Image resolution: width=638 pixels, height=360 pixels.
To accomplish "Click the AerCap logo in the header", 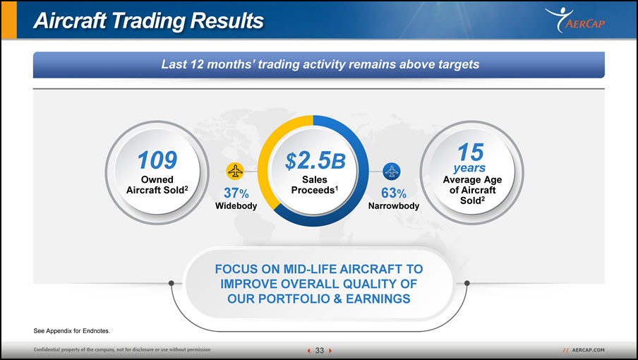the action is point(575,20).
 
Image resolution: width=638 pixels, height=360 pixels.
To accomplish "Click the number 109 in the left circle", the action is point(157,160).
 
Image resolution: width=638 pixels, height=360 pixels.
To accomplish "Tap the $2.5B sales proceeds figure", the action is point(315,161).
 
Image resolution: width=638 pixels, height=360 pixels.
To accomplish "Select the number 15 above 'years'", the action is point(470,152).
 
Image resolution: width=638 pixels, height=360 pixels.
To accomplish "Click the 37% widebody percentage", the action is point(236,193).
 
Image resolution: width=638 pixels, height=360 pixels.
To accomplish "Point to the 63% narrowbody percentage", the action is point(394,193).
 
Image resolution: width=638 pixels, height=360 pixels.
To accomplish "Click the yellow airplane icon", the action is point(235,172).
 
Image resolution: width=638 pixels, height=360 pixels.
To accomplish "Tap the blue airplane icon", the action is point(392,172).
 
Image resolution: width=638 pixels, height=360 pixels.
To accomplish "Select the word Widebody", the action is point(236,206).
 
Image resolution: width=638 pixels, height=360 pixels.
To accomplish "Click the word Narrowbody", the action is point(394,206).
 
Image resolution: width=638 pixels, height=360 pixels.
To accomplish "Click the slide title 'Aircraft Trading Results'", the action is point(148,20).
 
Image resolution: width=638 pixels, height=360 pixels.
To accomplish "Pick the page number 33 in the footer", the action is point(320,350).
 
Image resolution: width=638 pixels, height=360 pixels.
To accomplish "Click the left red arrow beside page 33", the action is point(308,350).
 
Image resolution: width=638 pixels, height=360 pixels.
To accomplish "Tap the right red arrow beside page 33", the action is point(330,350).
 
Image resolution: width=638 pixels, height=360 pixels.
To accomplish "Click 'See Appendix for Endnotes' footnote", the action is point(71,331).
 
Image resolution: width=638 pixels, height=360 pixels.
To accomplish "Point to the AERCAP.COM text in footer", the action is point(589,350).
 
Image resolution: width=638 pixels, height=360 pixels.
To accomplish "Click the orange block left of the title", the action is point(9,20).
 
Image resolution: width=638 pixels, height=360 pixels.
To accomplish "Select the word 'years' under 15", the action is point(469,167).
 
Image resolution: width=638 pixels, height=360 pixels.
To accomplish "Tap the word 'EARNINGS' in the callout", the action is point(378,299).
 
